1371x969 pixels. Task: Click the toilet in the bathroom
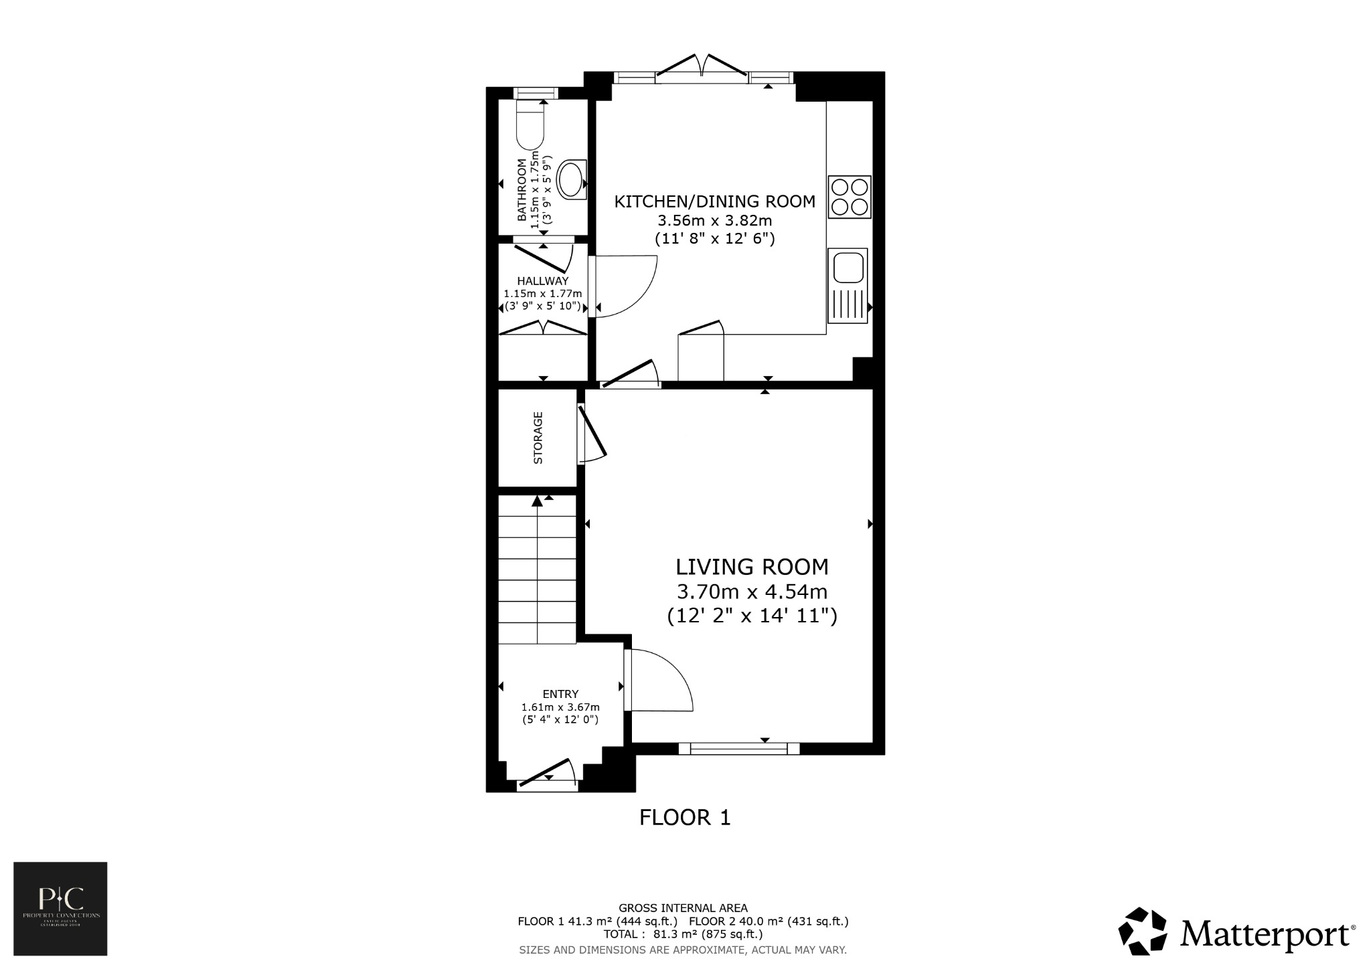point(530,126)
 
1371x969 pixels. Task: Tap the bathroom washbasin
point(572,179)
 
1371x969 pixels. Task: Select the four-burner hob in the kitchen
point(850,197)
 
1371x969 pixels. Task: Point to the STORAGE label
point(538,438)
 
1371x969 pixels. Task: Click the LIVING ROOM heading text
point(752,567)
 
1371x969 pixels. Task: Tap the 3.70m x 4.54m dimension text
point(752,592)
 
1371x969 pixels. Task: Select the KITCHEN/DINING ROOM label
point(715,201)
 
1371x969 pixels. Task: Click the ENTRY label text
point(560,694)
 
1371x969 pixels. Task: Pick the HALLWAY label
point(542,281)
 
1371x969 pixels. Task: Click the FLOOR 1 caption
point(685,817)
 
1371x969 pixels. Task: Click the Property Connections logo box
point(60,908)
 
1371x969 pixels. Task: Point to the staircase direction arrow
point(537,502)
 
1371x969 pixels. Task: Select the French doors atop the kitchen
point(702,67)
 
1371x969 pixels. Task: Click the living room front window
point(739,748)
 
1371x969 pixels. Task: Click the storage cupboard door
point(592,435)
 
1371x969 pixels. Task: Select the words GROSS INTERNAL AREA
point(683,908)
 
